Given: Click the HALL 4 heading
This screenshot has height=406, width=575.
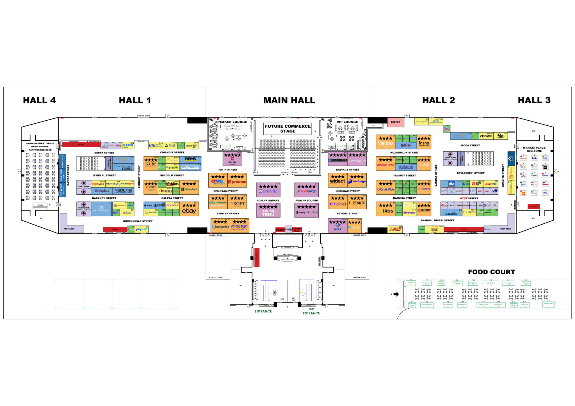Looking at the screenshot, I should click(39, 100).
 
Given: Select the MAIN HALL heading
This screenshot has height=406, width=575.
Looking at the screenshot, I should click(289, 100).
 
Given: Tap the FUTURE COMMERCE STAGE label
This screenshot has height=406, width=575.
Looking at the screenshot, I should click(288, 129).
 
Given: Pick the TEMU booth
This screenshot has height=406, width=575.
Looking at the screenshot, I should click(268, 210).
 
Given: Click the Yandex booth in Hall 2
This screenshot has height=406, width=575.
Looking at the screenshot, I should click(385, 142).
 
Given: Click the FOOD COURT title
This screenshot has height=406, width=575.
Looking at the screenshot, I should click(491, 272).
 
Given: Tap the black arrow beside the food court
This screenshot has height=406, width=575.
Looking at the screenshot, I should click(396, 294).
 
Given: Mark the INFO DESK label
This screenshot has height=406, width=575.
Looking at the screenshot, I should click(287, 254).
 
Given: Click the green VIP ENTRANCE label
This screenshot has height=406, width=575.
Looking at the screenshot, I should click(311, 311).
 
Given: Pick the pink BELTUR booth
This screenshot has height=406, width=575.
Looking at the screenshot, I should click(396, 122).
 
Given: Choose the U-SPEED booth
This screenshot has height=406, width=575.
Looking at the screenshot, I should click(395, 229).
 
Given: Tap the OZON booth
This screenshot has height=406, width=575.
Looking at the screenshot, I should click(128, 145).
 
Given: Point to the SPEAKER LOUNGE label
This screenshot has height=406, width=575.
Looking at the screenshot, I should click(231, 122).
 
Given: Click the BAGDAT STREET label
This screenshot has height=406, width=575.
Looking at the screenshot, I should click(436, 175).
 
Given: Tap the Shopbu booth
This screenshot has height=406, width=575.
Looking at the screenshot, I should click(102, 191).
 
